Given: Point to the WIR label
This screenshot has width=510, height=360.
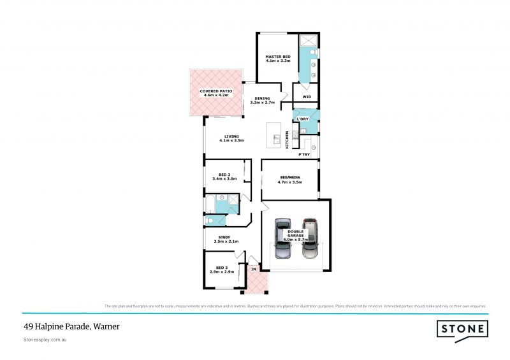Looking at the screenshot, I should point(306,96).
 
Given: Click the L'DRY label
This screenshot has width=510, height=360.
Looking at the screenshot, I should point(303,119).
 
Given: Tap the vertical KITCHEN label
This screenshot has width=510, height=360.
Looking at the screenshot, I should point(288,140).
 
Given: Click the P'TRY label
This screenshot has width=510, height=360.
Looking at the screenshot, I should point(305,154).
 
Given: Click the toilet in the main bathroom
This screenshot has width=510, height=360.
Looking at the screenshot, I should point(211,221).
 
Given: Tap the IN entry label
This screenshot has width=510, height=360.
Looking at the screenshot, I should point(253,270).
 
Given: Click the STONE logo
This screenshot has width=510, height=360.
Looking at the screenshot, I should point(463,329).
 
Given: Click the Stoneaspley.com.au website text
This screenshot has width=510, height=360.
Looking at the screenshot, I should point(45,340).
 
